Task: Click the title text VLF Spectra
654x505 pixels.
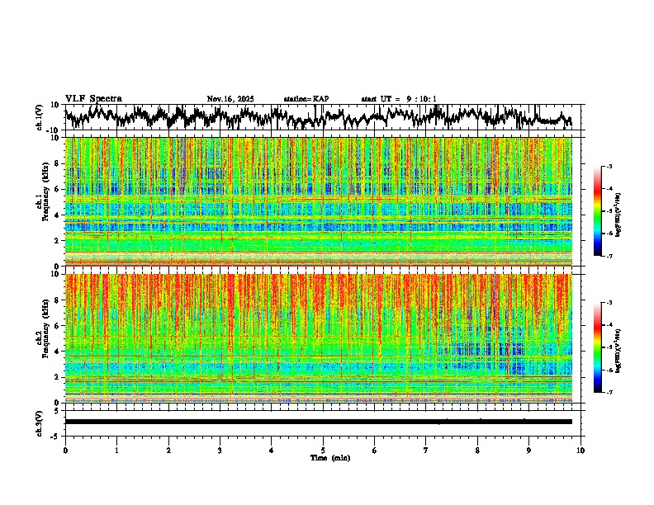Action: click(93, 98)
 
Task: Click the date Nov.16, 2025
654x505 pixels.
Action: click(230, 99)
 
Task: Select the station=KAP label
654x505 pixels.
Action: click(306, 99)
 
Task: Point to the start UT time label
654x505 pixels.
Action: click(399, 99)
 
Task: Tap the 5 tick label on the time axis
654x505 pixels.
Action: click(323, 450)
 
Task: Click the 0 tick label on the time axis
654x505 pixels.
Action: click(65, 450)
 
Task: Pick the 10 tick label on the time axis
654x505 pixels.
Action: click(581, 450)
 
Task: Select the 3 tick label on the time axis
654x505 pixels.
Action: click(220, 450)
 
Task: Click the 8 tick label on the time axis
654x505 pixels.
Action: click(477, 450)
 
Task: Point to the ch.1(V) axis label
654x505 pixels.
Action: click(40, 118)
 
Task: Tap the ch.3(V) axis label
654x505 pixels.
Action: click(40, 422)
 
